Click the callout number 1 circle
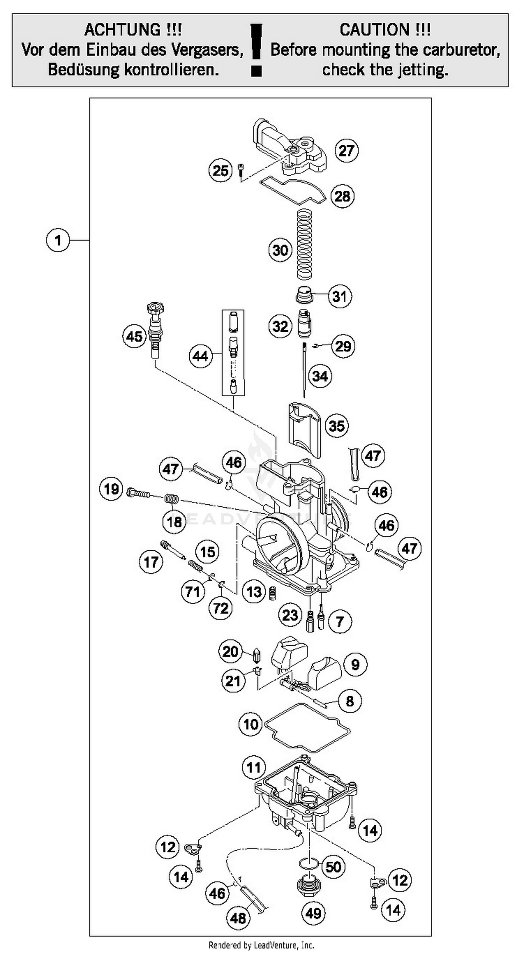pyautogui.click(x=57, y=240)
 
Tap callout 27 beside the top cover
pyautogui.click(x=347, y=151)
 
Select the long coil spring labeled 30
pyautogui.click(x=305, y=245)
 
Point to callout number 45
pyautogui.click(x=134, y=336)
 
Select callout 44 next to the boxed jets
pyautogui.click(x=201, y=356)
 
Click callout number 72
pyautogui.click(x=221, y=608)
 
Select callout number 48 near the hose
pyautogui.click(x=238, y=917)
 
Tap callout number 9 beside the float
pyautogui.click(x=355, y=664)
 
